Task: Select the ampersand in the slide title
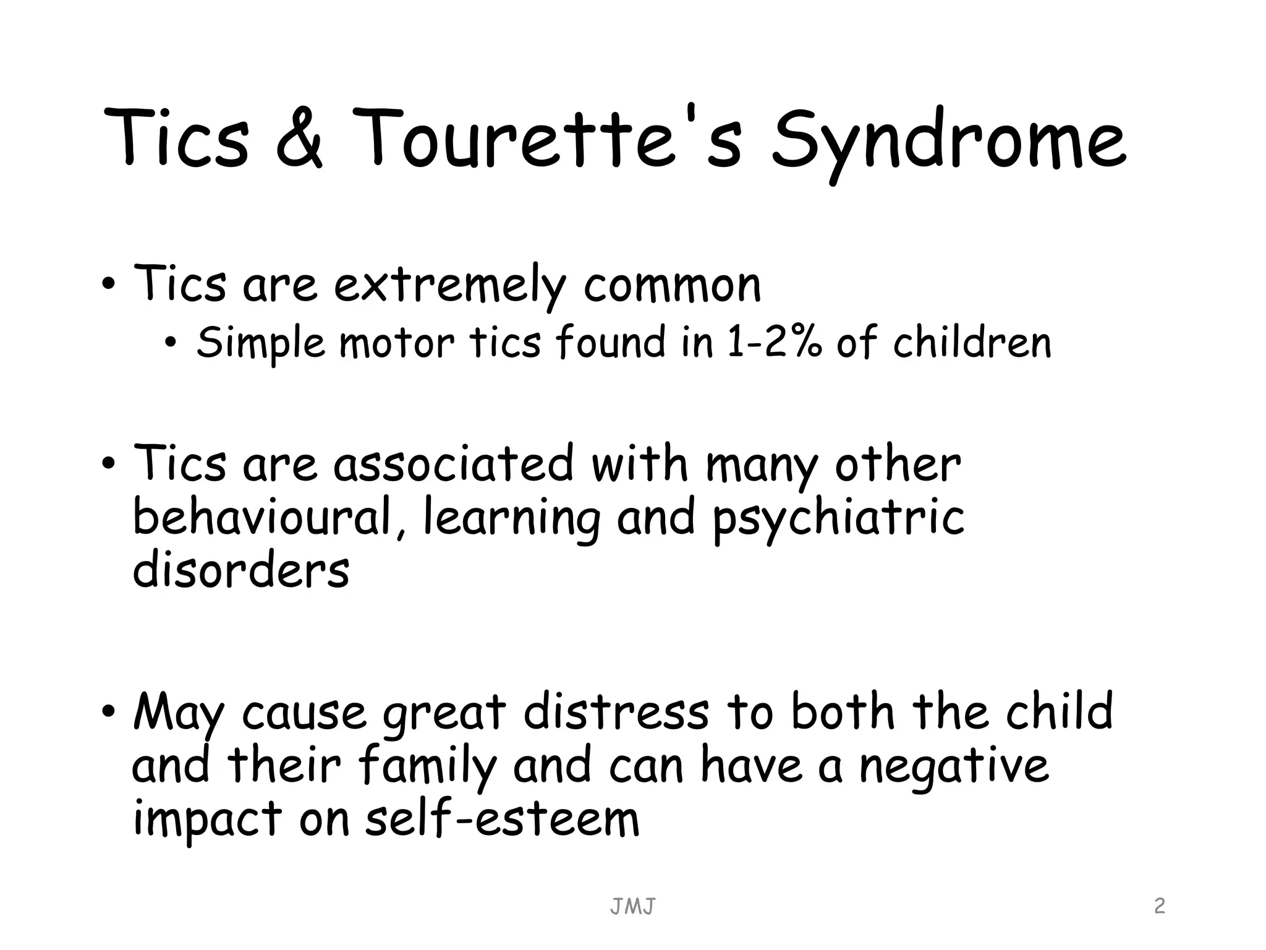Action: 299,139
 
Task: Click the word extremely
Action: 450,286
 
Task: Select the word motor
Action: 396,343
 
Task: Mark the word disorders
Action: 241,570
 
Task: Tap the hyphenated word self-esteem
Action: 502,819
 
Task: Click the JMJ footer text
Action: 632,907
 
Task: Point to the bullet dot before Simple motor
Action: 171,343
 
